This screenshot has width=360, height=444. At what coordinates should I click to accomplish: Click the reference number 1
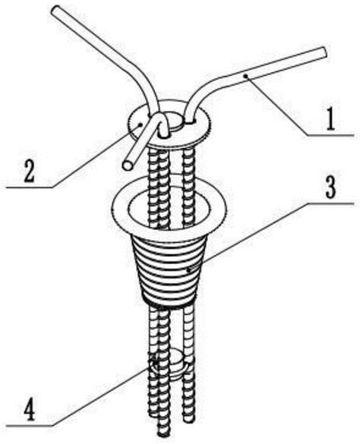coord(330,119)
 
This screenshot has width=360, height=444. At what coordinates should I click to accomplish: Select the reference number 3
coord(330,188)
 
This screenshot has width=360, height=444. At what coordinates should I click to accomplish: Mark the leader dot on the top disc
coord(140,124)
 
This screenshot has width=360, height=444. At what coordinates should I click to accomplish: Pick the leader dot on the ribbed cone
coord(188,271)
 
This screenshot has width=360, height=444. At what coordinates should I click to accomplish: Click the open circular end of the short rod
coord(128,165)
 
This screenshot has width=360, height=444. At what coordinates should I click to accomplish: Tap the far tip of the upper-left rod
coord(56,9)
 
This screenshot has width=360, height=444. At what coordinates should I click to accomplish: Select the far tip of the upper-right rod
coord(324,52)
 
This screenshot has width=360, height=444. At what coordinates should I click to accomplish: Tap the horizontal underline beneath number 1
coord(330,135)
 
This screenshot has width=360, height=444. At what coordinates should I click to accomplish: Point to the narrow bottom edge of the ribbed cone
coord(169,303)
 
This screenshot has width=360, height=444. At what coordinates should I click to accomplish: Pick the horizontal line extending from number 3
coord(330,203)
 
